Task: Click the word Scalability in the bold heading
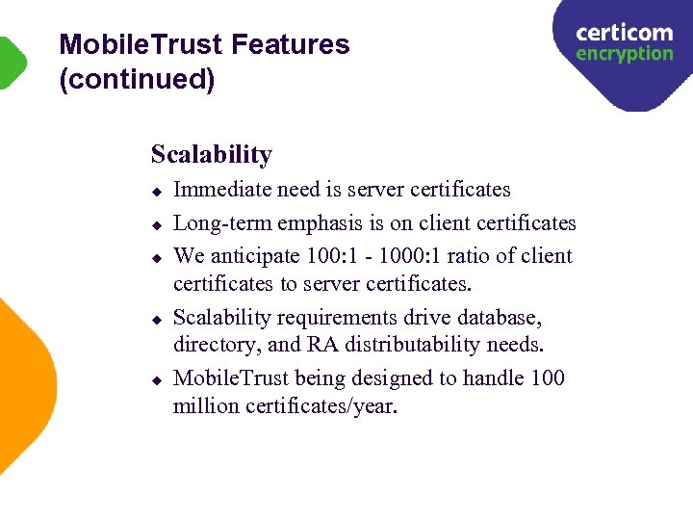point(212,154)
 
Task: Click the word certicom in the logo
point(624,33)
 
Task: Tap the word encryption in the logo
point(624,54)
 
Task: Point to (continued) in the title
point(137,79)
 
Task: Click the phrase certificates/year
point(321,405)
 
